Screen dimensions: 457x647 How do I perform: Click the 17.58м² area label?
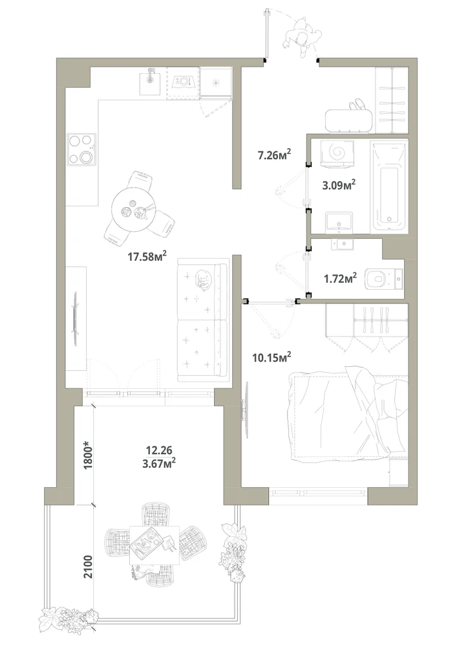click(x=147, y=257)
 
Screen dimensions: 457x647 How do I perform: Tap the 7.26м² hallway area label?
click(x=275, y=155)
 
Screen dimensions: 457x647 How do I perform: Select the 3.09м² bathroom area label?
click(x=339, y=185)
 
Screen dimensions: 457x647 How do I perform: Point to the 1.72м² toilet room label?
click(x=340, y=278)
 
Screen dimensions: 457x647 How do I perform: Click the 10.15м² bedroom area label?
click(x=272, y=356)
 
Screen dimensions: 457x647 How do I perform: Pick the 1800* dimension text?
click(x=87, y=455)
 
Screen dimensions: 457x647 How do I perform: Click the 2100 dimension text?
click(x=88, y=566)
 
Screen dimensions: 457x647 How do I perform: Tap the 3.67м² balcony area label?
click(x=159, y=464)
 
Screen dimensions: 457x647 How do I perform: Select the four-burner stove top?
click(x=82, y=149)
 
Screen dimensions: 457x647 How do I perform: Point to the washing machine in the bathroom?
click(x=337, y=153)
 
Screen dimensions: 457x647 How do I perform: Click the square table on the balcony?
click(x=154, y=545)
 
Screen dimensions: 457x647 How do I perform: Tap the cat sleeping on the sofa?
click(x=202, y=280)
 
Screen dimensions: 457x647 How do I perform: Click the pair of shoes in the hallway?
click(x=357, y=105)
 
